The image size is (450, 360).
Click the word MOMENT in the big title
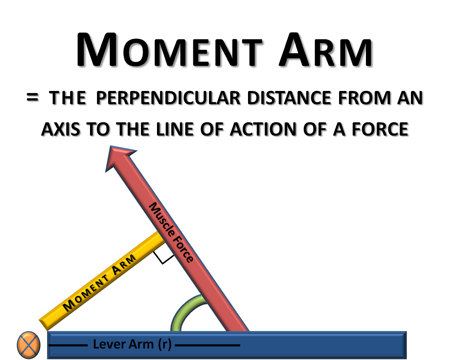pos(171,51)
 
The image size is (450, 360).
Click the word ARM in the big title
pos(327,51)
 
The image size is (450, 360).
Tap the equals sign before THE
pos(33,98)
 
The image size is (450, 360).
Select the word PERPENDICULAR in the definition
pos(169,99)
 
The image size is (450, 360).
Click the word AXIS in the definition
pos(62,130)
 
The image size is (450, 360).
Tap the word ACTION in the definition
pos(264,130)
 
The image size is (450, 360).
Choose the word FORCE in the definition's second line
pos(381,130)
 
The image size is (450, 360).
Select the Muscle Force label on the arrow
pos(171,232)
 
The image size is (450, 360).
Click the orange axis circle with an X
pos(29,345)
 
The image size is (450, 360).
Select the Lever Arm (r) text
pos(132,344)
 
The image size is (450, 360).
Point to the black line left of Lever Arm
pos(68,345)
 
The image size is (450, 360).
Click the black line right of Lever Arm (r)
pos(207,345)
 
